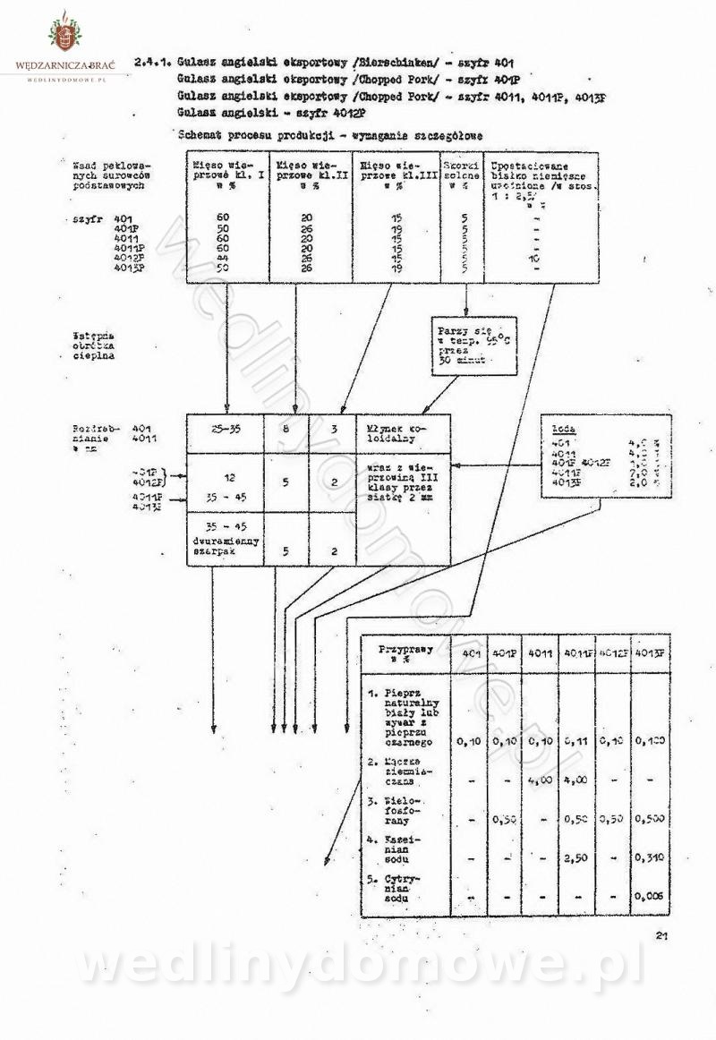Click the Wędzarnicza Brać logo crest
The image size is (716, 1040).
63,36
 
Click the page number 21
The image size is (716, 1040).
662,936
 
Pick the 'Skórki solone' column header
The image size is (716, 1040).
462,171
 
